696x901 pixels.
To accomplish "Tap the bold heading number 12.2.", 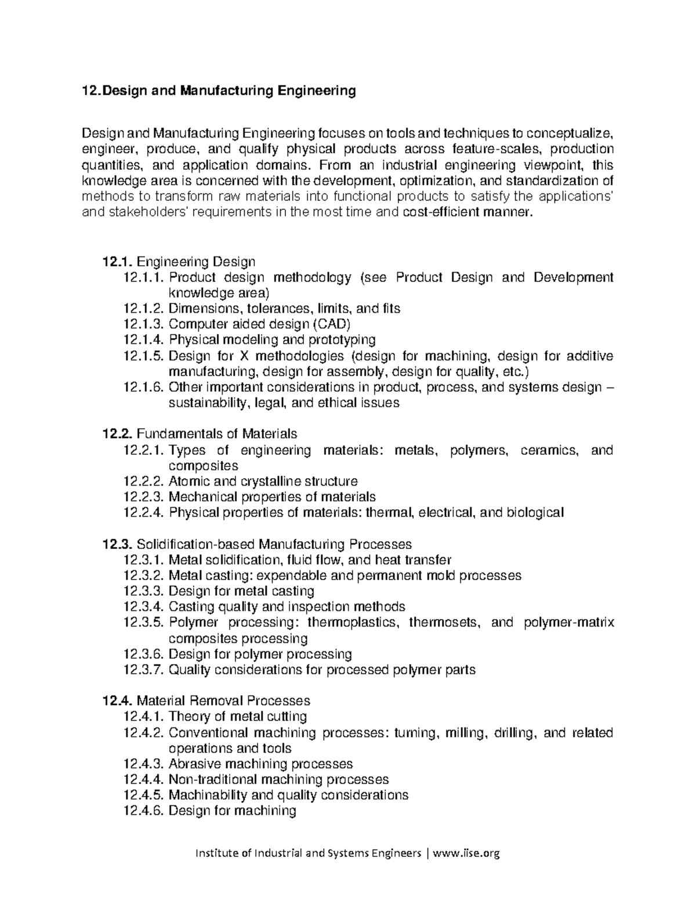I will pos(118,433).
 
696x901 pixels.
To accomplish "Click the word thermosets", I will pos(445,623).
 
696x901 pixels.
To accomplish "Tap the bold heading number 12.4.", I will pos(118,701).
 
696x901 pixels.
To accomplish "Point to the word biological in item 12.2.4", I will pos(535,513).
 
